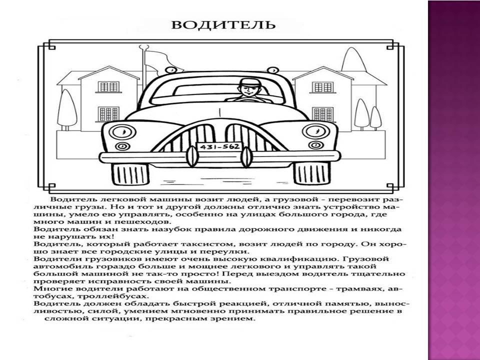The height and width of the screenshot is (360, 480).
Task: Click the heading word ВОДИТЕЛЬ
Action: coord(223,24)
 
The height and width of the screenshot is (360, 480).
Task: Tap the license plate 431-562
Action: coord(219,147)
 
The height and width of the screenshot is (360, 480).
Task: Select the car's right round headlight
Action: coord(316,131)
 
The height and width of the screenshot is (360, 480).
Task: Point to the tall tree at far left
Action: coord(67,109)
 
